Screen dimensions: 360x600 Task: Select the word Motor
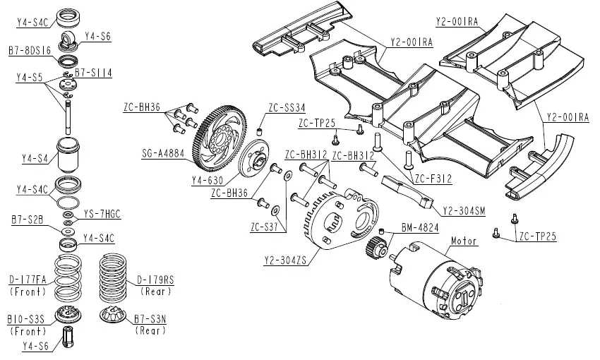click(464, 241)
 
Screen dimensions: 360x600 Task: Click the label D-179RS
click(155, 279)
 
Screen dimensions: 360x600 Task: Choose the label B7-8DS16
click(30, 51)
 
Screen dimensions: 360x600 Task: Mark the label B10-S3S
click(26, 319)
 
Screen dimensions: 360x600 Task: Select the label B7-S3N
click(150, 319)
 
